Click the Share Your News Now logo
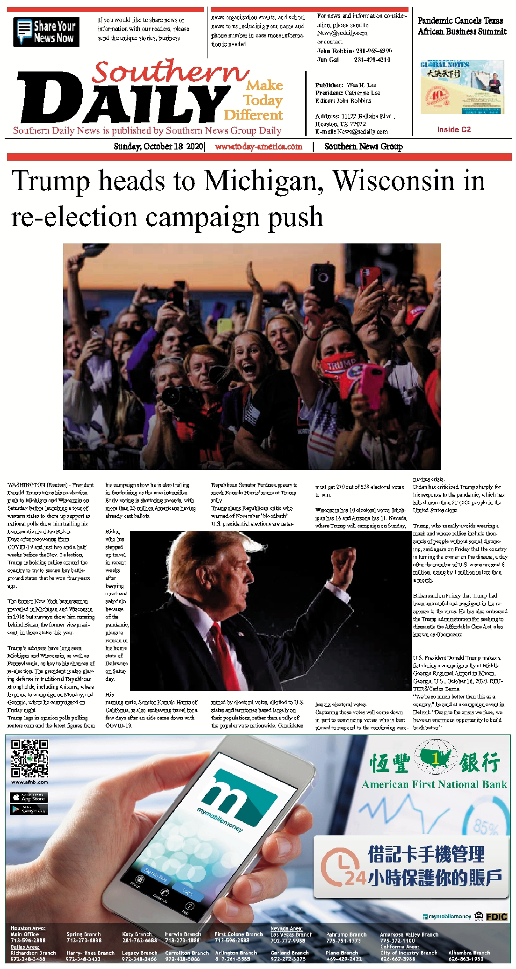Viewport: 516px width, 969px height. pos(46,32)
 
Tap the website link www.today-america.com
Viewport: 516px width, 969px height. pos(258,147)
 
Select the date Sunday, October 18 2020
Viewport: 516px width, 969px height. pos(158,147)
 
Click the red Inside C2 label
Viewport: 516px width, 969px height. pos(454,130)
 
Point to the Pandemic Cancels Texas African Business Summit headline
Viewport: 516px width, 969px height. pos(462,26)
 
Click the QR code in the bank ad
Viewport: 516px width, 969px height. pos(29,758)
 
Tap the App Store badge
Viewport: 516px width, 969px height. pos(29,798)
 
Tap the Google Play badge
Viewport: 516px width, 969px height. pos(29,810)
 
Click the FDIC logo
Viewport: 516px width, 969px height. pos(496,917)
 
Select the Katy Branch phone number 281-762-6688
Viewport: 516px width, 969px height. pos(139,940)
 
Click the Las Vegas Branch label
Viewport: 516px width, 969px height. pos(291,935)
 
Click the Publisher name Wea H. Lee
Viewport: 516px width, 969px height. pos(361,85)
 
